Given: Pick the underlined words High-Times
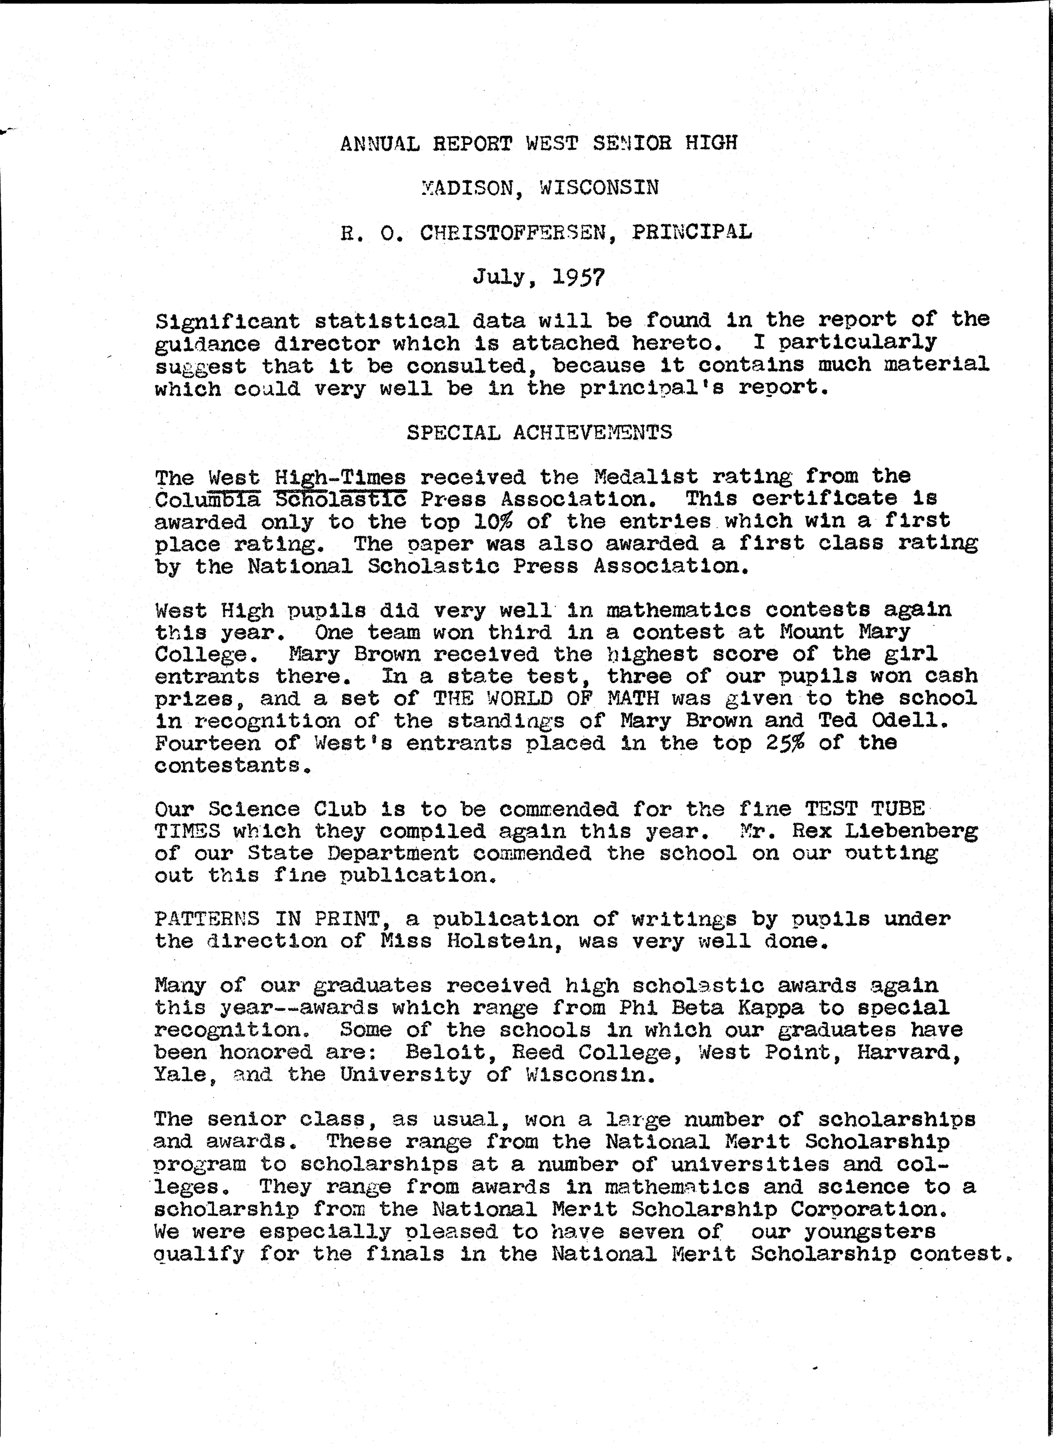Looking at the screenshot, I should [340, 477].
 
